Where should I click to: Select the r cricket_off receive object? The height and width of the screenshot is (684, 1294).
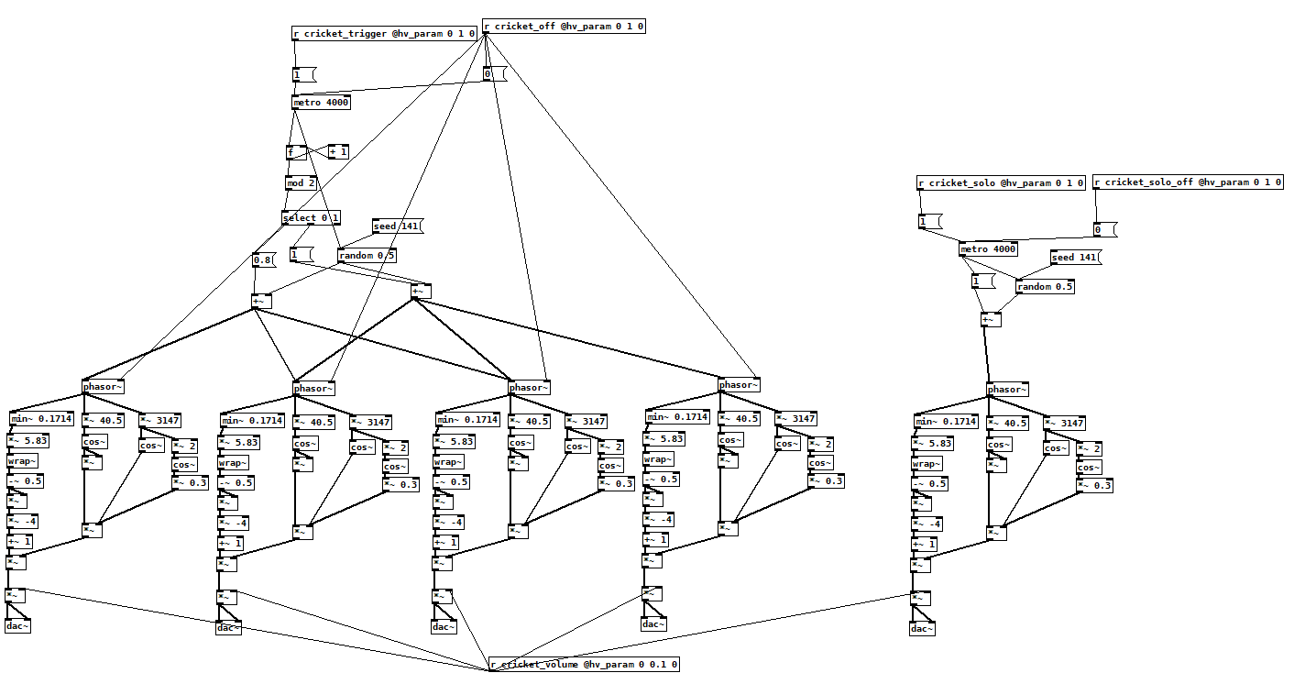click(x=564, y=27)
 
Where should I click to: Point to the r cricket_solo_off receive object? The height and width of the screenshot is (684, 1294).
click(x=1188, y=182)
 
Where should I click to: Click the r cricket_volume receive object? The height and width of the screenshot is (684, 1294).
click(x=584, y=664)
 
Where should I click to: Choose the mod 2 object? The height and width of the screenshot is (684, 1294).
click(x=301, y=183)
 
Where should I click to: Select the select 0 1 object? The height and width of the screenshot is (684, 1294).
click(x=311, y=218)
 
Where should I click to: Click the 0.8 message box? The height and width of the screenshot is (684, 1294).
click(x=263, y=260)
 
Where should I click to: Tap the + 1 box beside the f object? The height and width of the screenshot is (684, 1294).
click(x=338, y=151)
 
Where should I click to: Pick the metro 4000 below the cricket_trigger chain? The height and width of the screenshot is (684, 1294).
click(x=321, y=103)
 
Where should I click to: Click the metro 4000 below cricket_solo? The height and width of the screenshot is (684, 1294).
click(x=988, y=249)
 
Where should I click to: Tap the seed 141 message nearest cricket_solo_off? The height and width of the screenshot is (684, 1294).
click(x=1075, y=258)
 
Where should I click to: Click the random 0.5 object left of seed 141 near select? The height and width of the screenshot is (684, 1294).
click(x=367, y=255)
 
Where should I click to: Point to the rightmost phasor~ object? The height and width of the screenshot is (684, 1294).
click(x=1007, y=390)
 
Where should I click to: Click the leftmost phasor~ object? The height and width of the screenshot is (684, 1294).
click(x=103, y=386)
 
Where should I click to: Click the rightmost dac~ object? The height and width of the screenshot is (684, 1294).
click(x=923, y=628)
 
